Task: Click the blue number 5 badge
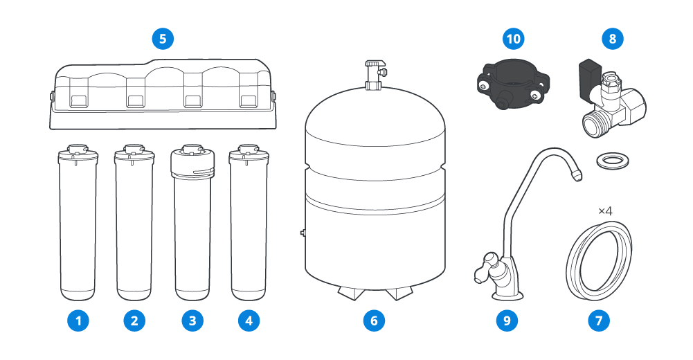click(x=163, y=39)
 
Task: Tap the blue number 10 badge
click(x=513, y=39)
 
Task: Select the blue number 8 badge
click(x=613, y=39)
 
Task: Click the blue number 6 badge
click(x=374, y=321)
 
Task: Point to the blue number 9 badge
click(x=507, y=321)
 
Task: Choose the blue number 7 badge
click(x=599, y=321)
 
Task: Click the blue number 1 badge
click(x=78, y=321)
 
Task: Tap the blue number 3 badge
click(x=192, y=321)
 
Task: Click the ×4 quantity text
click(x=605, y=211)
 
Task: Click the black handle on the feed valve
click(x=588, y=72)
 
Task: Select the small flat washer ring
click(x=613, y=161)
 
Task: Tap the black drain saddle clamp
click(x=513, y=86)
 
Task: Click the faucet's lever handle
click(x=483, y=266)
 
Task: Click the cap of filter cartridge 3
click(x=192, y=161)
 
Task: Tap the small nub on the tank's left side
click(x=303, y=233)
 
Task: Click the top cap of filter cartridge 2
click(x=134, y=152)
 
